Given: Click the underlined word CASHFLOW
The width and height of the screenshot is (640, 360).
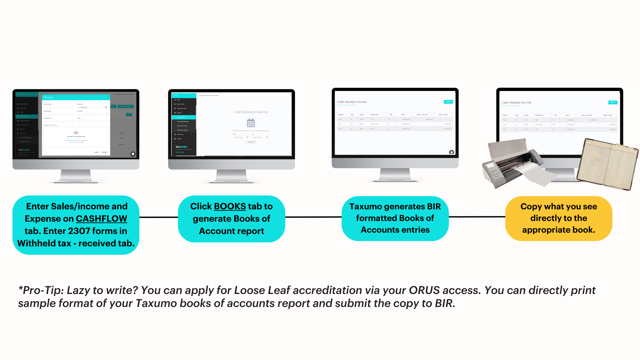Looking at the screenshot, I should point(101,219).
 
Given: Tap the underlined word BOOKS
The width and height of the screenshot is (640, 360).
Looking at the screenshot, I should point(230,206).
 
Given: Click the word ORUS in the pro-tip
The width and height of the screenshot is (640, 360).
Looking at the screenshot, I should point(424,290).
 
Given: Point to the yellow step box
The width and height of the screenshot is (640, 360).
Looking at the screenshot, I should point(559,218).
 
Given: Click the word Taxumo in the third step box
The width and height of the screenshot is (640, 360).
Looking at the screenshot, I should point(365,207).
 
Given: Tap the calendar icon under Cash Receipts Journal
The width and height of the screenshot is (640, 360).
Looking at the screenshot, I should point(251,123).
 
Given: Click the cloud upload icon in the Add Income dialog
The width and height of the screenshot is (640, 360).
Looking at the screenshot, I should point(76,133).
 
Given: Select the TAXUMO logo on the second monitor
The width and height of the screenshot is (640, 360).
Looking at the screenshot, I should point(182,147).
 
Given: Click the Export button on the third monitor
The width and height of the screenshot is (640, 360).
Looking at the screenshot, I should point(448,102).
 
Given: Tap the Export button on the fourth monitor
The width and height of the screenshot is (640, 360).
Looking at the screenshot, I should point(613,102).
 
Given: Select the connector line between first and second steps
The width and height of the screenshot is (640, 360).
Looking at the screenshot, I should point(159,217).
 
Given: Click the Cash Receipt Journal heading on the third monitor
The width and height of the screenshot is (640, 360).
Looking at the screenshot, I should point(352,102).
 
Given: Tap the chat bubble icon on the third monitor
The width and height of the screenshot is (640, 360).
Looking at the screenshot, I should point(451,152).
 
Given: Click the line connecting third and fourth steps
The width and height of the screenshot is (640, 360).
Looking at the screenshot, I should point(477,217).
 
